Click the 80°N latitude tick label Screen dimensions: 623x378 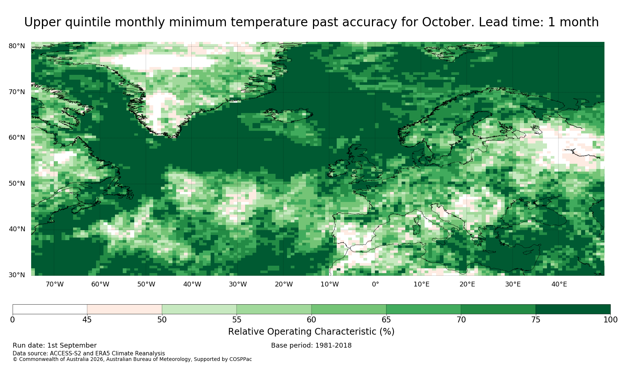click(17, 46)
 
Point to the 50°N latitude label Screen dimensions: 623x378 click(17, 183)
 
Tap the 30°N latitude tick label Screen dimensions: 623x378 click(17, 275)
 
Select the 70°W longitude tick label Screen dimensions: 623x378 click(55, 284)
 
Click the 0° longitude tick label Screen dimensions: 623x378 click(375, 284)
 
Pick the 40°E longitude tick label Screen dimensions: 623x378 click(559, 284)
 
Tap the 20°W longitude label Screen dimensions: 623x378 click(284, 284)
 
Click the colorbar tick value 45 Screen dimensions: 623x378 click(87, 320)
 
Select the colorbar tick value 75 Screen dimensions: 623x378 click(535, 320)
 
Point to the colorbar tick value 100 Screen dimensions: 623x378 click(610, 320)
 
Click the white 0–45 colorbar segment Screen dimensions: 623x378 click(50, 309)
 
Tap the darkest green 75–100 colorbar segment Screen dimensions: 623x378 click(573, 309)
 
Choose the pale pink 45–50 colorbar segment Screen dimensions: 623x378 click(125, 309)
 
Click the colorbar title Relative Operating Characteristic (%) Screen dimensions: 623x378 click(311, 332)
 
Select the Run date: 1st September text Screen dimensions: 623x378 click(55, 345)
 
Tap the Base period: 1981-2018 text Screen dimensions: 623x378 click(311, 345)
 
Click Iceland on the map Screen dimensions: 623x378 click(289, 115)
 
